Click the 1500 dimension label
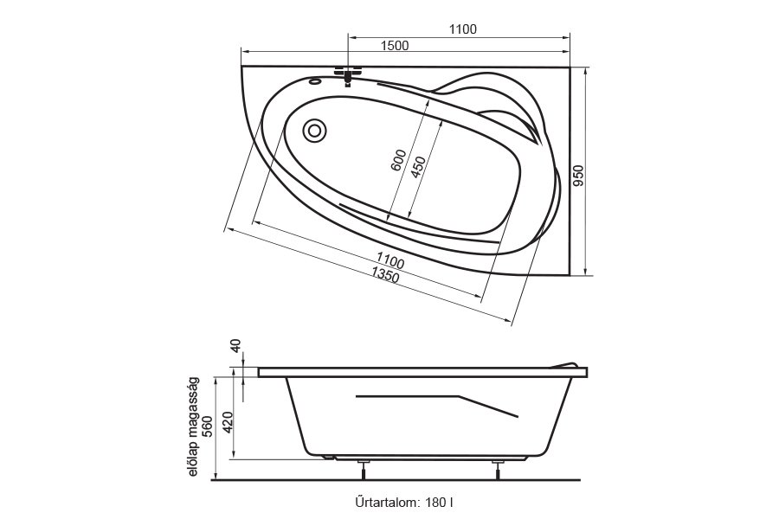pos(395,46)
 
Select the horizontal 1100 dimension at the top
pos(462,29)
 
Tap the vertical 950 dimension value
pos(579,176)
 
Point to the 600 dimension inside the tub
pos(398,160)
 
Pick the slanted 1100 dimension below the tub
pos(390,260)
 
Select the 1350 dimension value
pos(385,274)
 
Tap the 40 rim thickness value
pos(236,345)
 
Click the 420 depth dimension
pos(228,422)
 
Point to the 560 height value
pos(208,426)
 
